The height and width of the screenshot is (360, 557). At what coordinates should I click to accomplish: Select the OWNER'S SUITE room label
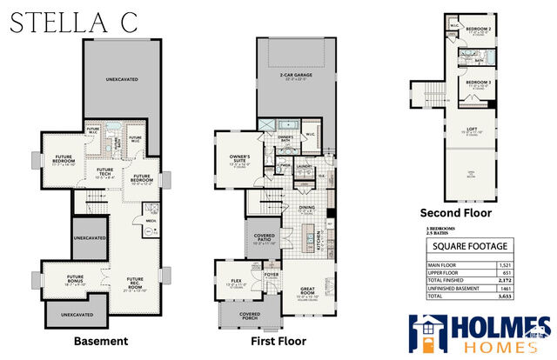click(x=233, y=158)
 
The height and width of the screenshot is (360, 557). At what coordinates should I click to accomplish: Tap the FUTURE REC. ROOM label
click(x=136, y=283)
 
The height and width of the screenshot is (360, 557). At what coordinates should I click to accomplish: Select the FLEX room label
click(x=232, y=281)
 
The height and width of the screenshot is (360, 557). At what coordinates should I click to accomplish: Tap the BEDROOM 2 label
click(x=477, y=29)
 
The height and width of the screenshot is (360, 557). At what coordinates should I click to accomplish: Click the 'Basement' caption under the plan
click(x=101, y=341)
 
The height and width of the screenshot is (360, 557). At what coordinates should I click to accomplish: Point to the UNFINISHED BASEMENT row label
click(x=457, y=287)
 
